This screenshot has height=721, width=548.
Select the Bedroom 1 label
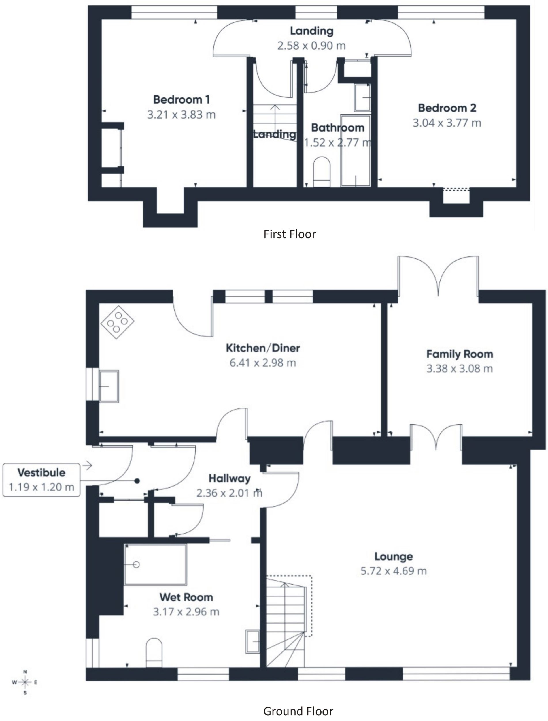point(181,99)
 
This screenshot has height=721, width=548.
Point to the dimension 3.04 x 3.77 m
point(447,123)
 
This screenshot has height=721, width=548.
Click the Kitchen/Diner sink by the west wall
point(109,386)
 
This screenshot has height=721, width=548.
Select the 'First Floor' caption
point(290,234)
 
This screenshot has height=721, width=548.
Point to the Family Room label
point(460,354)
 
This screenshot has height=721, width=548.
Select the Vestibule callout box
point(41,480)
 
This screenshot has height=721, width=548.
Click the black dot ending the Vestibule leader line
point(137,481)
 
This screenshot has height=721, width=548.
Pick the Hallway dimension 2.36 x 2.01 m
point(229,493)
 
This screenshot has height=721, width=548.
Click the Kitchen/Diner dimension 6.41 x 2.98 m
point(263,363)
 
